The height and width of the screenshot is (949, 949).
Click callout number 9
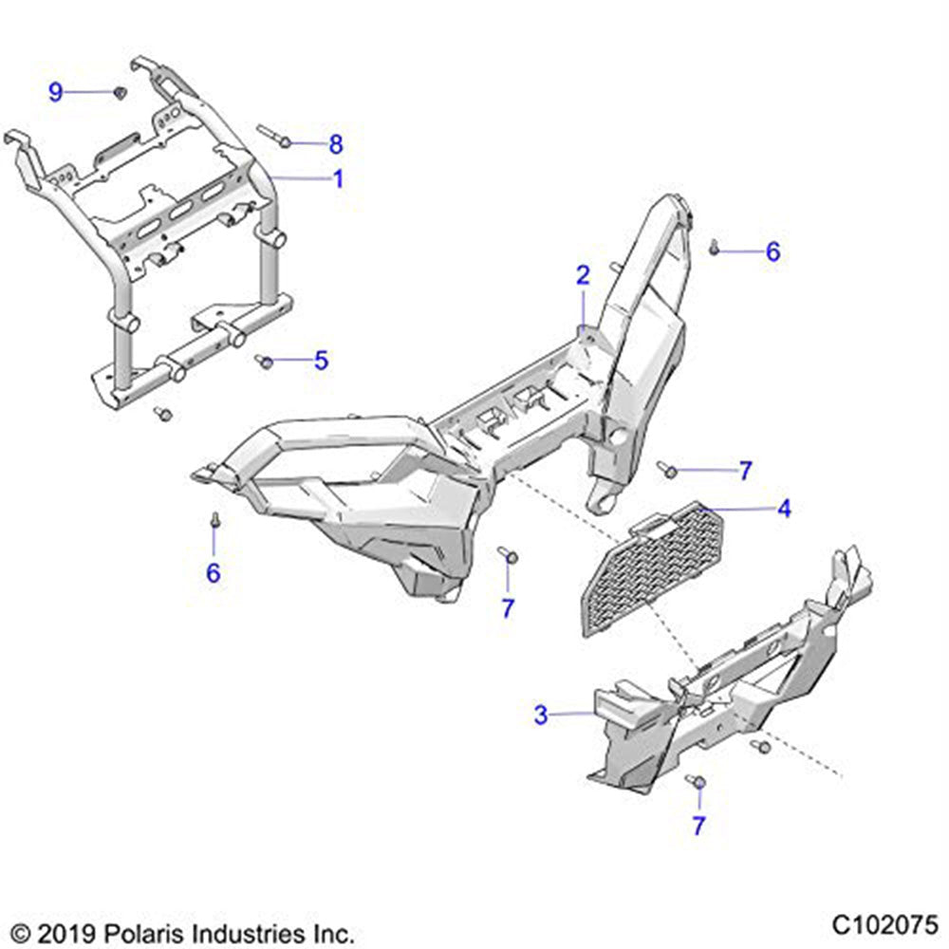(56, 92)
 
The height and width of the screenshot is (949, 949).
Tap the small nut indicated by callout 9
(120, 92)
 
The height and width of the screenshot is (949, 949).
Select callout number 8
(335, 145)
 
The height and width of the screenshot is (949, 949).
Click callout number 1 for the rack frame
(338, 178)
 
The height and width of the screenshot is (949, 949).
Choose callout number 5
(321, 361)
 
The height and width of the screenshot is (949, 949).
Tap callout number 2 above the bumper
(583, 276)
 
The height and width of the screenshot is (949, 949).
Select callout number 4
(783, 509)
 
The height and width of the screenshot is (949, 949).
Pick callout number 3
(541, 715)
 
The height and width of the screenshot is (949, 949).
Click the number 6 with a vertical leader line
(214, 573)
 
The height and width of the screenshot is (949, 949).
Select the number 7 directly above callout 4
(745, 470)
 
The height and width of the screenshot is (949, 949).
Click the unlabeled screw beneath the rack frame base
(162, 413)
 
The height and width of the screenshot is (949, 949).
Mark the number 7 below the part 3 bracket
(698, 826)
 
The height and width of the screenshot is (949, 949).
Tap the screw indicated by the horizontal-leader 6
(715, 250)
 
